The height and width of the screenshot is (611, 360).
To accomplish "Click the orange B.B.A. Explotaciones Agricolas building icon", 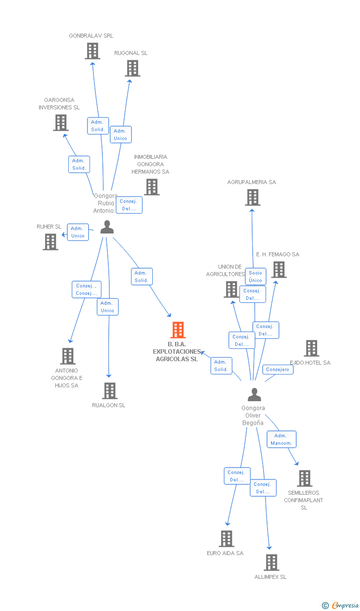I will pos(178,330).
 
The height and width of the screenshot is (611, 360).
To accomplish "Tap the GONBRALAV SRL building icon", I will pos(92,51).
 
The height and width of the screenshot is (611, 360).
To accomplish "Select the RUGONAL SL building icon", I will pos(133,68).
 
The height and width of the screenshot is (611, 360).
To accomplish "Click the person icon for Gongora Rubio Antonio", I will pos(107,227).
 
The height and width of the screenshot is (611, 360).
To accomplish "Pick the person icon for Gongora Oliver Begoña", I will pos(254,395).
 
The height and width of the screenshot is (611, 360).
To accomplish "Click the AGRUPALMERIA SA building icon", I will pos(253,197).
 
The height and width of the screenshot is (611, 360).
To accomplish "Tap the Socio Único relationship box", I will pos(255,277).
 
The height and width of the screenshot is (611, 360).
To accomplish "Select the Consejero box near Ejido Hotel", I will pos(277,370).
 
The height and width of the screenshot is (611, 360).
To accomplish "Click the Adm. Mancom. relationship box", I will pos(281,439).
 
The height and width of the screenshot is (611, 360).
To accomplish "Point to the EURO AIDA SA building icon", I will pos(226,539).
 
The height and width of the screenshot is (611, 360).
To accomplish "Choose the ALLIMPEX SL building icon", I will pos(271,563).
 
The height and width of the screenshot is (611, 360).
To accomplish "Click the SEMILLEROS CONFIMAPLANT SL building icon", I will pos(304,478).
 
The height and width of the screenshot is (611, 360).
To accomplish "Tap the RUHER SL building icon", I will pos(50,242).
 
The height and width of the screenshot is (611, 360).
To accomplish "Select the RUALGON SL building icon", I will pos(109,391).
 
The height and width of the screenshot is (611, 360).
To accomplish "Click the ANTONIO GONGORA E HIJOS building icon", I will pos(68,356).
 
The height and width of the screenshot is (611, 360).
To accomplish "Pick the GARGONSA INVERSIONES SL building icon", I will pos(61,123).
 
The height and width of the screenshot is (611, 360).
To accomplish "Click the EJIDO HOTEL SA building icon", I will pos(312,348).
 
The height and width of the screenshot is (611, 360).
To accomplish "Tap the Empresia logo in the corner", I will pos(341,605).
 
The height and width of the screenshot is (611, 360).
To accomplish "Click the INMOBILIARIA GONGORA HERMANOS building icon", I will pos(152,187).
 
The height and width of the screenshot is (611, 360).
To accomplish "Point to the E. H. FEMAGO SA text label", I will pos(277,254).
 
